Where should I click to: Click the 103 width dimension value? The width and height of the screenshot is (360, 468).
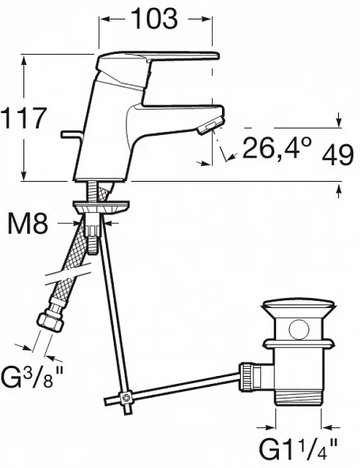tap(154, 19)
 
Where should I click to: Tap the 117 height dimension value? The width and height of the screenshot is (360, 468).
tap(24, 118)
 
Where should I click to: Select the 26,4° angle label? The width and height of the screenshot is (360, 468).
tap(277, 147)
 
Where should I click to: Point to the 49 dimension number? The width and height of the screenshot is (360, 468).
tap(337, 155)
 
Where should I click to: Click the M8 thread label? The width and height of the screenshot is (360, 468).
tap(28, 224)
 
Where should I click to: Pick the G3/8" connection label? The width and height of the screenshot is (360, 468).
tap(32, 377)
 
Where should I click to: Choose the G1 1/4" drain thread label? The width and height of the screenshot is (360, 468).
tap(298, 448)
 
